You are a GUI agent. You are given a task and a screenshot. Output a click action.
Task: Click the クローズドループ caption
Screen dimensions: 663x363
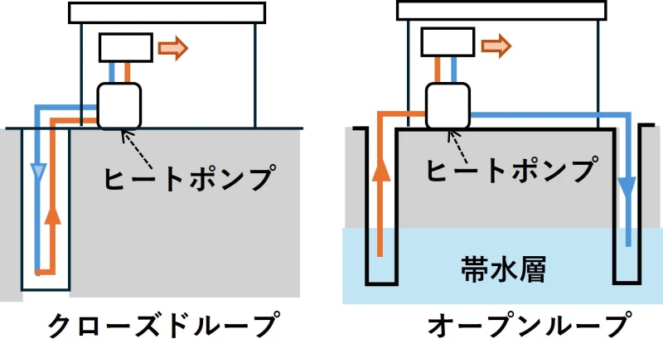(x=163, y=325)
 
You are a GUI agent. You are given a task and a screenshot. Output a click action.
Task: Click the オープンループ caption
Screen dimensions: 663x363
(x=530, y=325)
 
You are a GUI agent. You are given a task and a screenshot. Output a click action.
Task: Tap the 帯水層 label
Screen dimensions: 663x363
(x=503, y=269)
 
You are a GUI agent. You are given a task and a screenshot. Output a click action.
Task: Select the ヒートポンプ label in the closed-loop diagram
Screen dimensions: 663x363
(x=190, y=177)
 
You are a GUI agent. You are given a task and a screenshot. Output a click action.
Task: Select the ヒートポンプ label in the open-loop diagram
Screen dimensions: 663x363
(x=512, y=169)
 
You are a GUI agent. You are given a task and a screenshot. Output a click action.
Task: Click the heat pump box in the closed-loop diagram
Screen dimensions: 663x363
(x=119, y=106)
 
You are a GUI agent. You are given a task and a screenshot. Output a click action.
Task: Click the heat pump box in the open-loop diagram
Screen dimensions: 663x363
(x=448, y=106)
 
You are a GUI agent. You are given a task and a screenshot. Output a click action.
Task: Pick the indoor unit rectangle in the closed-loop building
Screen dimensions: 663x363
(x=126, y=48)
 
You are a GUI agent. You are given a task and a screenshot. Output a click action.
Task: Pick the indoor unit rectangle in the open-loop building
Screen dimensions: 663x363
(x=448, y=42)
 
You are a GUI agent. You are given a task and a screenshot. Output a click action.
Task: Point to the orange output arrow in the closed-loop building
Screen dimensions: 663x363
(x=172, y=48)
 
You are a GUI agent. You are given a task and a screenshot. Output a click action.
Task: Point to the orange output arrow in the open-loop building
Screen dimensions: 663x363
(x=496, y=46)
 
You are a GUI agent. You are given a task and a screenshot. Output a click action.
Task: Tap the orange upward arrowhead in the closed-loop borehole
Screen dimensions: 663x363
(x=52, y=215)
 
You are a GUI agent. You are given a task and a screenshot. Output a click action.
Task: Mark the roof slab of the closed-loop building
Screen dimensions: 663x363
(x=167, y=12)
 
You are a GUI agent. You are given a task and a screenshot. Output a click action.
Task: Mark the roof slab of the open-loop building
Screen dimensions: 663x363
(x=502, y=10)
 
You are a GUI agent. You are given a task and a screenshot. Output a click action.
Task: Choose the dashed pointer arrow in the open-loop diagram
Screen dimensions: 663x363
(x=458, y=147)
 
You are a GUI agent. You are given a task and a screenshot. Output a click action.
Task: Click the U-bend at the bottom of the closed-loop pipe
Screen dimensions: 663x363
(x=46, y=273)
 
